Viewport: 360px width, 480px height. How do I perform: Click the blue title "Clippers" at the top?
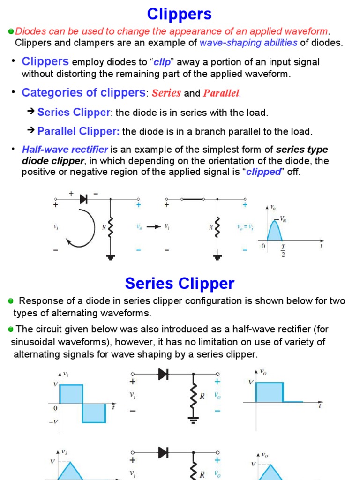180,14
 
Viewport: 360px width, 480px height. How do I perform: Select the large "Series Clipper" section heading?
180,283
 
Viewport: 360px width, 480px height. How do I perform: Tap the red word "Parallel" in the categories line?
221,93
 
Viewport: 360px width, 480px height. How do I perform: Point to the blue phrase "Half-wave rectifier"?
65,150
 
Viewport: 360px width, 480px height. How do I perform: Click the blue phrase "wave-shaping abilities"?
248,43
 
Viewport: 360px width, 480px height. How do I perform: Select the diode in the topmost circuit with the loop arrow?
83,199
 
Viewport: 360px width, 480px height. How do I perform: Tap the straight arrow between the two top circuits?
153,227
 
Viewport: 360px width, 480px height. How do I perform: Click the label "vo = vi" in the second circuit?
246,227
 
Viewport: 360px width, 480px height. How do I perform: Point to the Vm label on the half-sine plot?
283,218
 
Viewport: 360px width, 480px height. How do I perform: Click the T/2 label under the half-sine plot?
283,250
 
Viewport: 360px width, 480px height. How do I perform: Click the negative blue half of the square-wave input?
94,413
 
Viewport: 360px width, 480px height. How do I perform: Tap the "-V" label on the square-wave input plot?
53,422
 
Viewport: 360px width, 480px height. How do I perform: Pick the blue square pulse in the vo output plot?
269,392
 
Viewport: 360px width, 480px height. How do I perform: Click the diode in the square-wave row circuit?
164,374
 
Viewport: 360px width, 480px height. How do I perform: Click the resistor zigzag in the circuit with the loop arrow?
110,228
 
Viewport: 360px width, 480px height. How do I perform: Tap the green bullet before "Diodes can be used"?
11,31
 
